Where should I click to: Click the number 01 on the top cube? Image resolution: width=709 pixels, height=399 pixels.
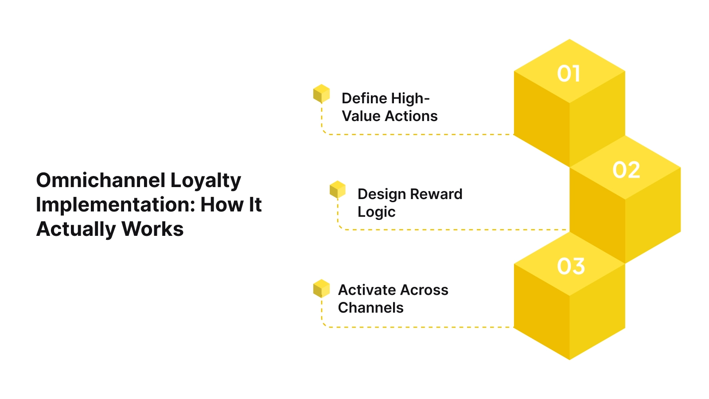click(x=569, y=74)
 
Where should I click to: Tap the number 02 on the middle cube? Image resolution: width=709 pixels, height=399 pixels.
click(x=626, y=170)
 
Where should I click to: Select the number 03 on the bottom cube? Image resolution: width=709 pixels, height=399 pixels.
click(x=571, y=266)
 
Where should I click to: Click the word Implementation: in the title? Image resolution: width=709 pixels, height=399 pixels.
click(x=115, y=205)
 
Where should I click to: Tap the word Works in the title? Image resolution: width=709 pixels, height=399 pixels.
click(x=152, y=229)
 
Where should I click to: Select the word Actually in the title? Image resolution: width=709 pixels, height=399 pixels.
click(x=76, y=230)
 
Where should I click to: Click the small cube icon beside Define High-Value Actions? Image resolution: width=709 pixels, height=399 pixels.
click(x=321, y=94)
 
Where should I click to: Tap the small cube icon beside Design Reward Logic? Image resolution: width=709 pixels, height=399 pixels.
click(x=337, y=189)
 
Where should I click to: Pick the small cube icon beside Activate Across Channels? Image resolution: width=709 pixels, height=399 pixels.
click(x=321, y=288)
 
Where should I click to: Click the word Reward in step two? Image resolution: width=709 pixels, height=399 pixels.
click(x=436, y=194)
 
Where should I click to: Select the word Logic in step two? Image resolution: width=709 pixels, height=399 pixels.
click(x=376, y=212)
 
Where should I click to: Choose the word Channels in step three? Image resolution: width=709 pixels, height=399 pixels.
click(x=370, y=308)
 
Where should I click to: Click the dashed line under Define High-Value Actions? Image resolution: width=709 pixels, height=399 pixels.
click(x=421, y=134)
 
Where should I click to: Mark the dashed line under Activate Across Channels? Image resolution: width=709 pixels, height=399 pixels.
click(x=421, y=327)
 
